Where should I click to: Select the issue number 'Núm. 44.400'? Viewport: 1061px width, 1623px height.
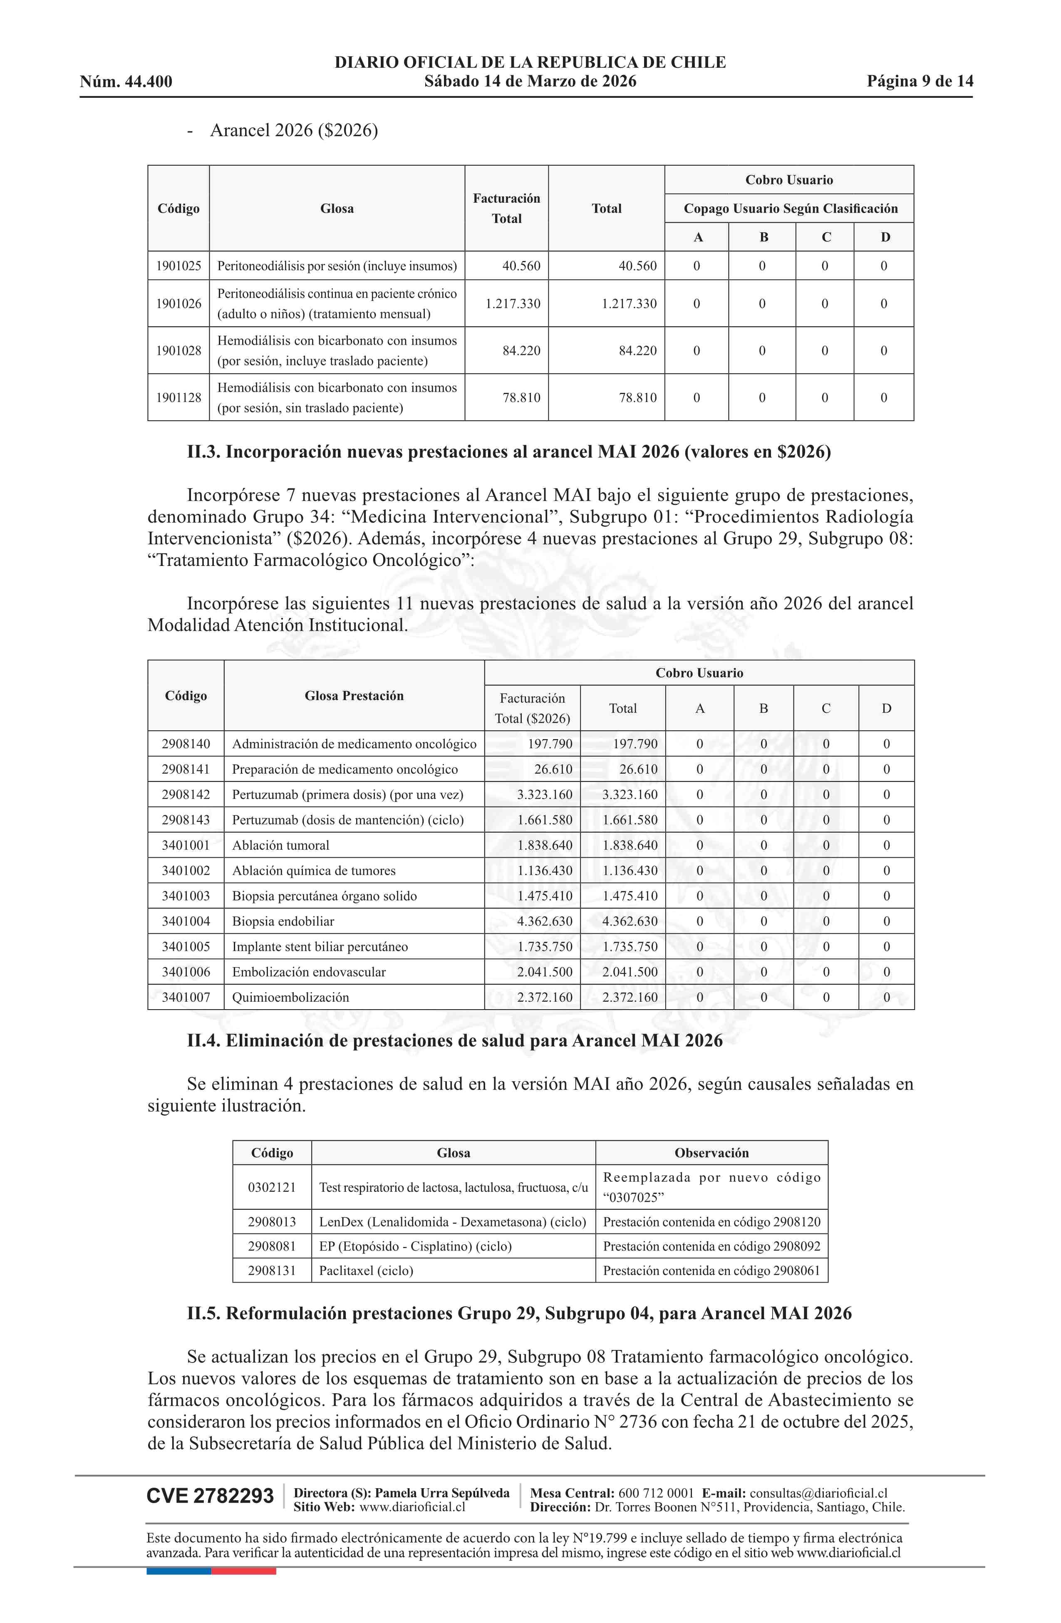pyautogui.click(x=126, y=82)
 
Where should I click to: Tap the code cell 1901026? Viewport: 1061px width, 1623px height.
pyautogui.click(x=178, y=303)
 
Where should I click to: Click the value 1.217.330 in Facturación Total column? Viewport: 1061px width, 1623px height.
pyautogui.click(x=513, y=303)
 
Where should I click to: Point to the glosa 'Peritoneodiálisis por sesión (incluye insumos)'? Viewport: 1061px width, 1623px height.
pyautogui.click(x=337, y=266)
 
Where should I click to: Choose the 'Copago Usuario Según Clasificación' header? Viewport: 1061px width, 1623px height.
pyautogui.click(x=790, y=208)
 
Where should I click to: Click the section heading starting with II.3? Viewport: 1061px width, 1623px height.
pyautogui.click(x=509, y=452)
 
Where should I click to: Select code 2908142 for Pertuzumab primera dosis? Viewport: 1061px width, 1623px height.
pyautogui.click(x=186, y=794)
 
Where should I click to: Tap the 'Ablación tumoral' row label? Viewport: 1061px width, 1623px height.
pyautogui.click(x=280, y=846)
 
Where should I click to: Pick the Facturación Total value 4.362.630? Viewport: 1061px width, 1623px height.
pyautogui.click(x=544, y=921)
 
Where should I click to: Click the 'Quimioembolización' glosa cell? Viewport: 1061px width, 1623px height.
pyautogui.click(x=290, y=998)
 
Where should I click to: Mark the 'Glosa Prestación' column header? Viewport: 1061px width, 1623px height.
pyautogui.click(x=354, y=695)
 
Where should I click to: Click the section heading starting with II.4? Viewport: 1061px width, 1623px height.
pyautogui.click(x=454, y=1041)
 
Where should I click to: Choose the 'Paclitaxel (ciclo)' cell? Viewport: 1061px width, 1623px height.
pyautogui.click(x=366, y=1271)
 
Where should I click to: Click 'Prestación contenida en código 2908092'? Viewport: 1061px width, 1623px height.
pyautogui.click(x=711, y=1246)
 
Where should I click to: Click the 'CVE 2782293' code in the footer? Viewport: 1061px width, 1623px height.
pyautogui.click(x=210, y=1496)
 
